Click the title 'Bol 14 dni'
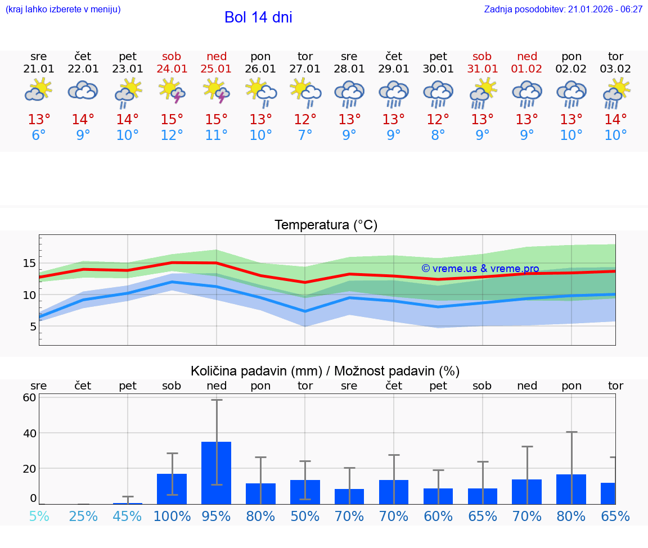[258, 17]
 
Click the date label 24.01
[172, 69]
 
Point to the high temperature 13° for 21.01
[39, 120]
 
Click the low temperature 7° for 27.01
[305, 135]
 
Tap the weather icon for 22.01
[83, 90]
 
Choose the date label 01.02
[527, 69]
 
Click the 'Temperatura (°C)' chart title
[326, 225]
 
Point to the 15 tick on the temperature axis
[30, 263]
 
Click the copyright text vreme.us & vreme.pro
[480, 269]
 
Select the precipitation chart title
[325, 371]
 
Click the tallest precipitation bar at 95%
[217, 473]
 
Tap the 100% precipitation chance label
[172, 516]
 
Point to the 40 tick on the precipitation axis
[30, 433]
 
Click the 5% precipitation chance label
[39, 516]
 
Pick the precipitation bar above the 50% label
[305, 492]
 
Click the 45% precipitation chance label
[128, 516]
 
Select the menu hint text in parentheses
[62, 9]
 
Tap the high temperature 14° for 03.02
[616, 120]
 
